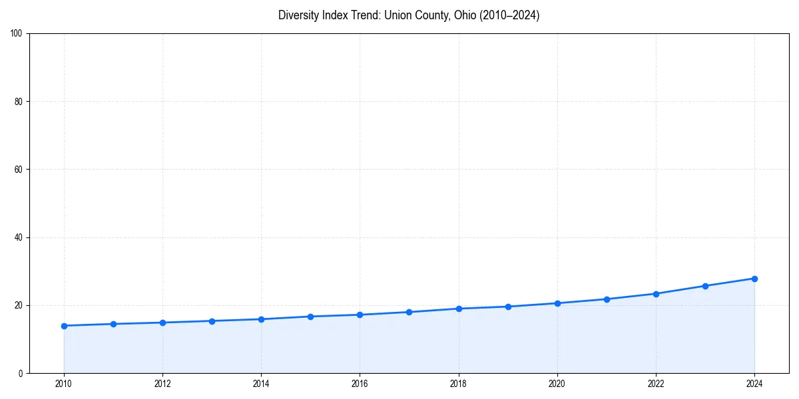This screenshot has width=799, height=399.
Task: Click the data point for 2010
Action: (x=64, y=326)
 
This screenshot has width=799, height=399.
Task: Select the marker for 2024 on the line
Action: (x=754, y=279)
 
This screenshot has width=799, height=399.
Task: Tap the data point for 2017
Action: (x=409, y=312)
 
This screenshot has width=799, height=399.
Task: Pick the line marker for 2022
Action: (x=656, y=294)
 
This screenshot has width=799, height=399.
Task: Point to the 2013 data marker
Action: (x=212, y=321)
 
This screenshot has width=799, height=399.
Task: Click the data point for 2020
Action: (x=557, y=303)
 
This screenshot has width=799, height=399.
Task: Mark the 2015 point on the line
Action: (x=310, y=317)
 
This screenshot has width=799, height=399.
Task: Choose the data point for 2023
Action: (x=705, y=286)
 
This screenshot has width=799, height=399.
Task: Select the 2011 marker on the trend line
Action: (x=113, y=324)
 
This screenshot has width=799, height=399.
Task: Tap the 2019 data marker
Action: (x=508, y=307)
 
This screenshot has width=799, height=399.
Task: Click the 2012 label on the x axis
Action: (x=162, y=384)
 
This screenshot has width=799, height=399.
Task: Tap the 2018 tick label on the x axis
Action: (x=459, y=384)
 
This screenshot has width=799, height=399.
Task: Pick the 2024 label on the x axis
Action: (x=754, y=384)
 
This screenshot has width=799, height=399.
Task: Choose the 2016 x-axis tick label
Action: (x=360, y=384)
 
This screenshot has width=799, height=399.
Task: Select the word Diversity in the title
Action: (x=297, y=15)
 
